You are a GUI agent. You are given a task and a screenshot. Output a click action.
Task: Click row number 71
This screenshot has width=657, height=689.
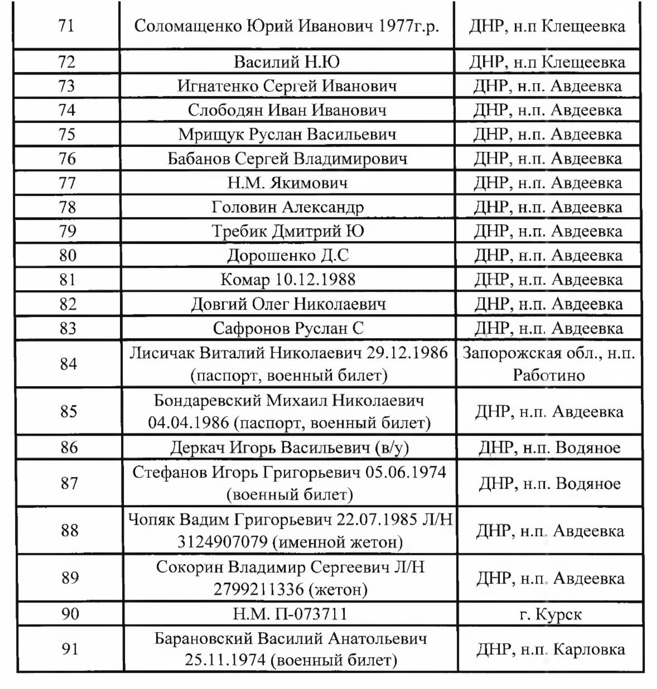click(x=66, y=26)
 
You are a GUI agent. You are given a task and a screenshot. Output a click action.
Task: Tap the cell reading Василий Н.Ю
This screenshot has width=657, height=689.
click(x=287, y=61)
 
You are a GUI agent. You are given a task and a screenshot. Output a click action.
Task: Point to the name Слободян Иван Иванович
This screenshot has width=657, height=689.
click(x=287, y=110)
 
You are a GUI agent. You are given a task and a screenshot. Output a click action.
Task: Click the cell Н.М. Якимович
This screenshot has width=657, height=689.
click(x=287, y=182)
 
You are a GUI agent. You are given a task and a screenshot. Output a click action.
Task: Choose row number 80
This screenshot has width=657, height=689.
click(x=67, y=256)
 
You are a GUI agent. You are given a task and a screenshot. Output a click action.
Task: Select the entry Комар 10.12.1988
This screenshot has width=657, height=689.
click(x=287, y=280)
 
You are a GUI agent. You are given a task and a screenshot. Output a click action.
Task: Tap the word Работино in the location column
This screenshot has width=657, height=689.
click(x=549, y=375)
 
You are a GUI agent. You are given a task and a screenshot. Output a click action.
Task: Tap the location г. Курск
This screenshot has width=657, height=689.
click(x=550, y=614)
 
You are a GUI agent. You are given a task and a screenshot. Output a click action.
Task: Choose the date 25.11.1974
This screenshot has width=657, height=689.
click(x=225, y=661)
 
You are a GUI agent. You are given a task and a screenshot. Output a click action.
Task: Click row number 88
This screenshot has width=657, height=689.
click(x=69, y=530)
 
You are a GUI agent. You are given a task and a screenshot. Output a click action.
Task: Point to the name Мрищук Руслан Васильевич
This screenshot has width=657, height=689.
click(x=287, y=134)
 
